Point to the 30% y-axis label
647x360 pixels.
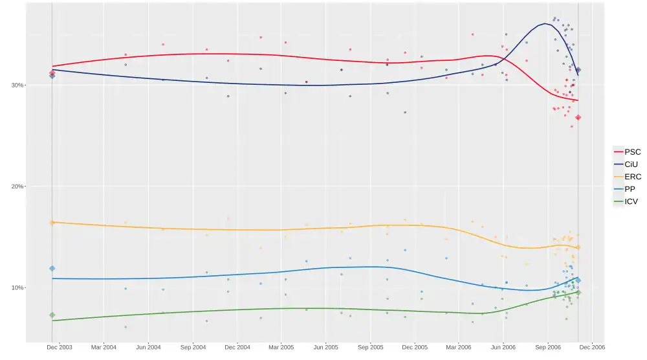point(14,85)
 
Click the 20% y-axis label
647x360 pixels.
point(14,186)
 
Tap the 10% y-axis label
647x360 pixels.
point(14,288)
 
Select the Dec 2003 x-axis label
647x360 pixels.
point(60,347)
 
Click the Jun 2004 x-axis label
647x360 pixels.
point(148,347)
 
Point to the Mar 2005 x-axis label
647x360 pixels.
point(281,347)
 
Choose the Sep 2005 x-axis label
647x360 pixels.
point(370,347)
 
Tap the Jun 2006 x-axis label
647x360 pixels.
point(503,347)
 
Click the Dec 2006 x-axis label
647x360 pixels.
point(592,347)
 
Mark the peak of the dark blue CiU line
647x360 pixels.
point(545,24)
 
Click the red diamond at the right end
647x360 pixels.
point(578,117)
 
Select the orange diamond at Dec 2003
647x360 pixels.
point(52,223)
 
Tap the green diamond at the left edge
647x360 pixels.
point(52,315)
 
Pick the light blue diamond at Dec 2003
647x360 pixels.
point(52,268)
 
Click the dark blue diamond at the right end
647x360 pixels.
point(578,70)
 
